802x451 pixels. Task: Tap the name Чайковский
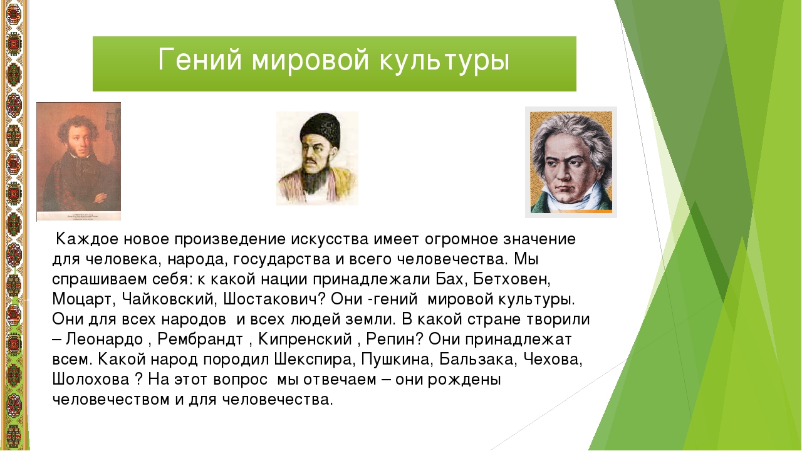[167, 299]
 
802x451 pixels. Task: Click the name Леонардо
[104, 340]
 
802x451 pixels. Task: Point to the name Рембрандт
[200, 340]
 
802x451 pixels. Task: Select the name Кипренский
[305, 340]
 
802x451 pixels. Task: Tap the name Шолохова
[91, 380]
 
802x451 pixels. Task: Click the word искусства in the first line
[330, 239]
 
